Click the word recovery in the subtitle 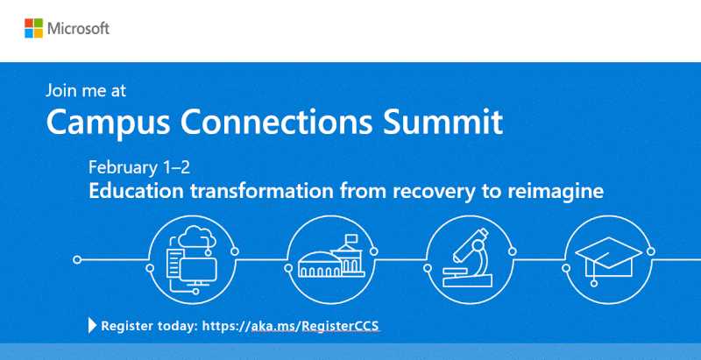point(429,190)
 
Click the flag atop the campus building point(352,237)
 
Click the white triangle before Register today point(92,326)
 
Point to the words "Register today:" point(149,326)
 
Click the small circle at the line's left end point(77,260)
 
